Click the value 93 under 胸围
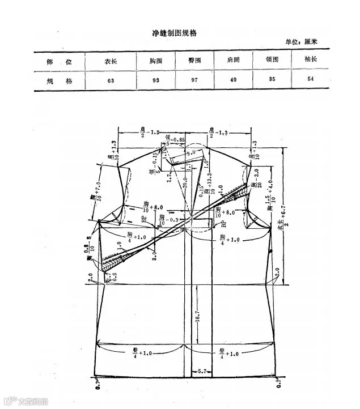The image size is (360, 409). pyautogui.click(x=156, y=80)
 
